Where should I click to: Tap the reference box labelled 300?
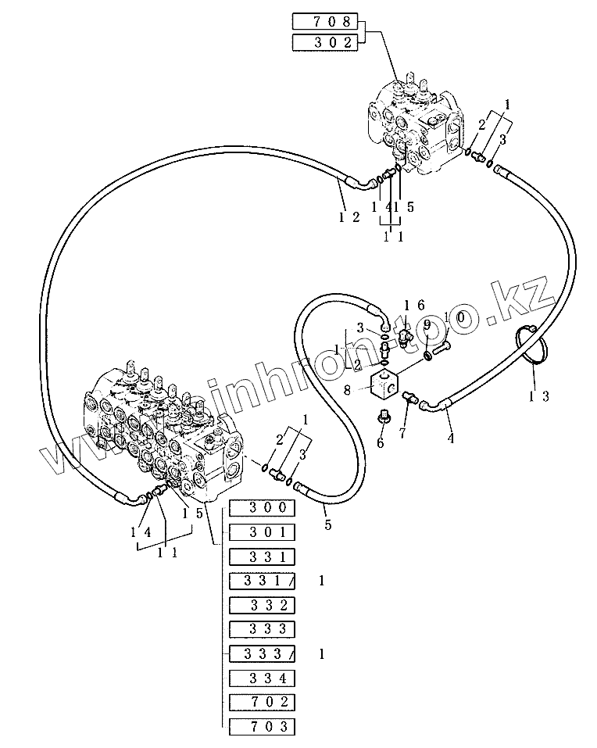[x=262, y=508]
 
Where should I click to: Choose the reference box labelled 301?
[x=262, y=532]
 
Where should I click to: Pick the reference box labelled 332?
[x=262, y=605]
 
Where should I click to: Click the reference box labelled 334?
[x=262, y=678]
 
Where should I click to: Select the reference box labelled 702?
[x=262, y=702]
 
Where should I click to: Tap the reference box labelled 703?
[x=262, y=726]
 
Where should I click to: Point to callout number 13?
[x=539, y=396]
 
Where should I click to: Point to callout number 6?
[x=380, y=442]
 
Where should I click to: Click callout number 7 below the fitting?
[x=402, y=431]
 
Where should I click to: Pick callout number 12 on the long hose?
[x=349, y=217]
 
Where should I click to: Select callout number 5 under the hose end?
[x=328, y=524]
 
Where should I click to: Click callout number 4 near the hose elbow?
[x=450, y=438]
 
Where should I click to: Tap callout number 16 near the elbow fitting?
[x=413, y=304]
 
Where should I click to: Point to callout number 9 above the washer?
[x=427, y=324]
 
